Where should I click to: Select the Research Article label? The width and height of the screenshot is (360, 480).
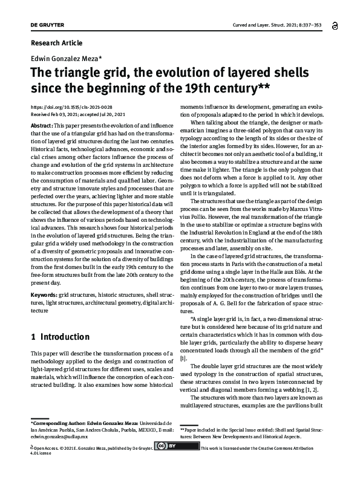(x=56, y=44)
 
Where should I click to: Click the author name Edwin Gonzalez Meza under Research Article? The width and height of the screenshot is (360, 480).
(x=64, y=58)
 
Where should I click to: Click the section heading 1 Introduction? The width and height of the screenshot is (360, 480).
(x=60, y=337)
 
